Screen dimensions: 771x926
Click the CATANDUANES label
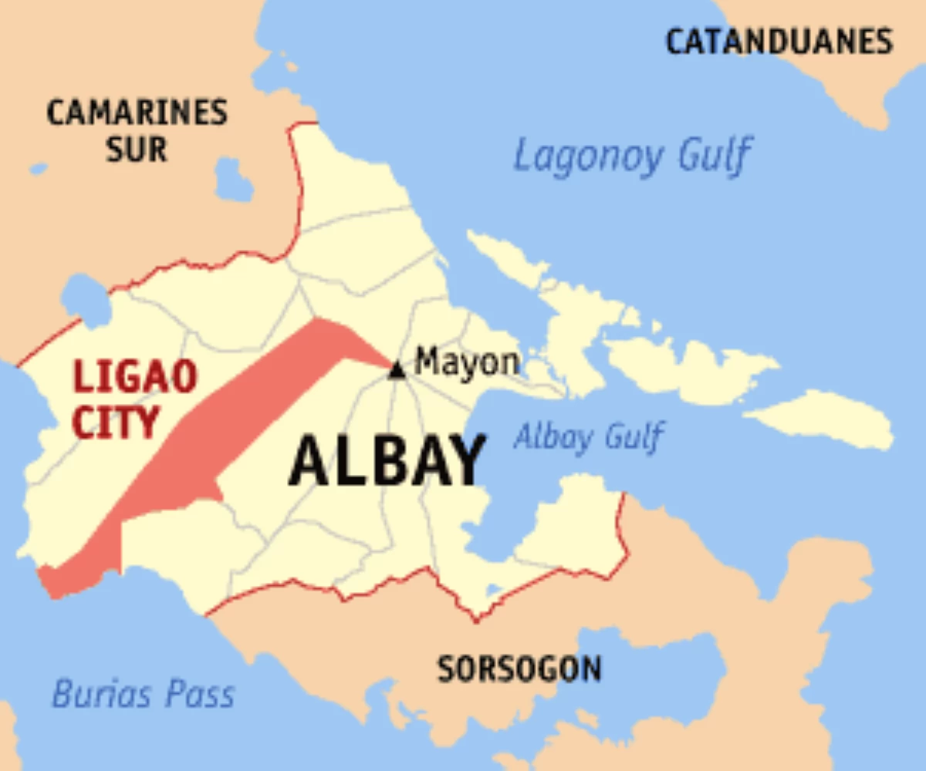coord(779,42)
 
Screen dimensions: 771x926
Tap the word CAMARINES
coord(137,113)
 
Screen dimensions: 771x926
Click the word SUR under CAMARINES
coord(137,149)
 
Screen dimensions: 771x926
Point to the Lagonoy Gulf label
coord(631,157)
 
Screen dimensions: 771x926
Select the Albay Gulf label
coord(587,437)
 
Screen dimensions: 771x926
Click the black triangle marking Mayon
coord(397,371)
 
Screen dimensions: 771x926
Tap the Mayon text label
coord(467,362)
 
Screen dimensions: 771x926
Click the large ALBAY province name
coord(387,462)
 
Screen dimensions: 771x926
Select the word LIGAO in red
coord(136,378)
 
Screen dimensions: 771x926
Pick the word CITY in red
coord(117,423)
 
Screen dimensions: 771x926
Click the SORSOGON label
coord(519,668)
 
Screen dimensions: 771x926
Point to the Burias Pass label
coord(143,695)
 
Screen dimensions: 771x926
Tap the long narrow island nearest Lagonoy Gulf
coord(505,258)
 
